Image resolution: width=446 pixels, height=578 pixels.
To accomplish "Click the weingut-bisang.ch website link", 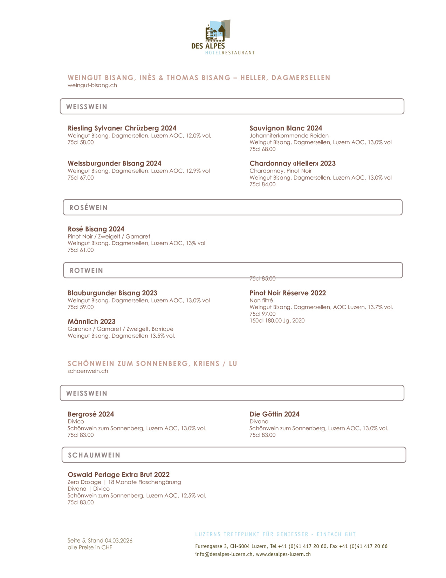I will click(x=92, y=85).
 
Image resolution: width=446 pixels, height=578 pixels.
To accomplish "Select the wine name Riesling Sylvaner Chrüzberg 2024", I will click(x=122, y=128).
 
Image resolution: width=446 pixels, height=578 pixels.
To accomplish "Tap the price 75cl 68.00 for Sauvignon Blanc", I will click(x=262, y=149).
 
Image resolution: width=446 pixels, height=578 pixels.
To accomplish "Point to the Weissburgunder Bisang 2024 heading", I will click(x=114, y=163).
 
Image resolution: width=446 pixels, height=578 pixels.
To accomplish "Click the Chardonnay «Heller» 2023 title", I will click(x=292, y=163).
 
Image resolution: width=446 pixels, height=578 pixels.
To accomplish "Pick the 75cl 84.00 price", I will click(x=262, y=184).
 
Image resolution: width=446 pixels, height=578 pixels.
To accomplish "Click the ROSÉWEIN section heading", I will click(x=88, y=208).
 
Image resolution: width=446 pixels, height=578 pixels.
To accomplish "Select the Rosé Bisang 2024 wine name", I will click(x=96, y=229).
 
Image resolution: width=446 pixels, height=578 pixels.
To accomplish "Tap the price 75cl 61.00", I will click(x=81, y=250).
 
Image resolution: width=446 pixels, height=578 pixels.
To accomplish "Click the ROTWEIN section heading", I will click(x=86, y=270).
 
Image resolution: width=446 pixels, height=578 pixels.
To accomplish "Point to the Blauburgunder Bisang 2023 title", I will click(x=112, y=293).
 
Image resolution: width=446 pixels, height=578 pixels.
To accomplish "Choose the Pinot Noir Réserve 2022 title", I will click(x=287, y=293).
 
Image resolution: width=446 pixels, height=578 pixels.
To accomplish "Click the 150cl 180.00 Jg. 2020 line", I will click(x=277, y=321).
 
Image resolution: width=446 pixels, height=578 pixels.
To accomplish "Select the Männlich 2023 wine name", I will click(x=91, y=322).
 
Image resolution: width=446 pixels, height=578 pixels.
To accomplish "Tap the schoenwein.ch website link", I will click(x=88, y=371).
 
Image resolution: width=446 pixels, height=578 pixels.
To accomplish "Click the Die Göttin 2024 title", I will click(x=274, y=414).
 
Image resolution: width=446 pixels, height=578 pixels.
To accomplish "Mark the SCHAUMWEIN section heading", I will click(x=94, y=455).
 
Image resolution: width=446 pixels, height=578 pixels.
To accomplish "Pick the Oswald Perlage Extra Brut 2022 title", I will click(x=118, y=475).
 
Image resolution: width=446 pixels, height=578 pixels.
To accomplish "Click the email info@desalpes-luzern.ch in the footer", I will click(x=224, y=555).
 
